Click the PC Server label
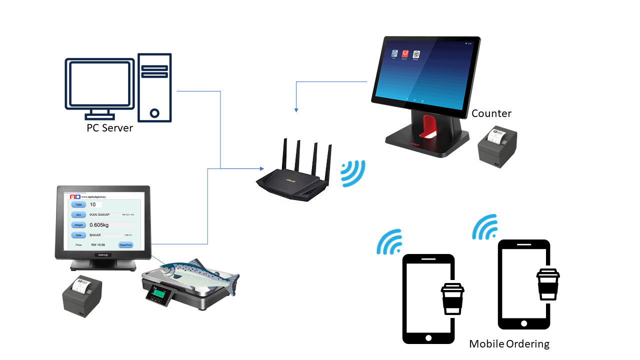(x=110, y=128)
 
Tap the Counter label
(x=491, y=113)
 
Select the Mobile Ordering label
(x=509, y=344)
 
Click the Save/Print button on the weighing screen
(x=125, y=245)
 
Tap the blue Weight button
(x=79, y=225)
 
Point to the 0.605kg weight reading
(x=99, y=225)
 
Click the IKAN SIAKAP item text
(x=99, y=214)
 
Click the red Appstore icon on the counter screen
(x=405, y=53)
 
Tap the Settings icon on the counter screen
(x=415, y=54)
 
